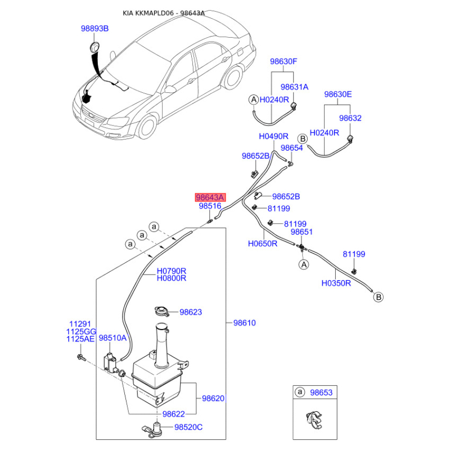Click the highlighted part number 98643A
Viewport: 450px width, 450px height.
click(210, 197)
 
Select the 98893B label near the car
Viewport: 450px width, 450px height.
click(94, 28)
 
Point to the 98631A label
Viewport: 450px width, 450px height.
click(295, 87)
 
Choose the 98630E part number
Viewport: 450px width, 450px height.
click(337, 94)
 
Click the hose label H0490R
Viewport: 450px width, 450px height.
click(273, 137)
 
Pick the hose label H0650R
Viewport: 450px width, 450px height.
click(263, 244)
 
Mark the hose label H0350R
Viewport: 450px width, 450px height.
click(336, 283)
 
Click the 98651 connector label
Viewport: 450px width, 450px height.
click(301, 232)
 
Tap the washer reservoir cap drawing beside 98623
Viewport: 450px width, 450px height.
click(160, 312)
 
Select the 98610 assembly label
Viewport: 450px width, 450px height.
click(245, 323)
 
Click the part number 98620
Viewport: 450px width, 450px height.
click(213, 398)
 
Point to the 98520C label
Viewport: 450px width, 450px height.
click(188, 427)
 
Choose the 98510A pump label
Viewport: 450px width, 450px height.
click(113, 339)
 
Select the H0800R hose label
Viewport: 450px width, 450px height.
click(171, 278)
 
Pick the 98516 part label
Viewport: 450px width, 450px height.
click(210, 207)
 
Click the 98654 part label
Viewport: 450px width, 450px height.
click(292, 148)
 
